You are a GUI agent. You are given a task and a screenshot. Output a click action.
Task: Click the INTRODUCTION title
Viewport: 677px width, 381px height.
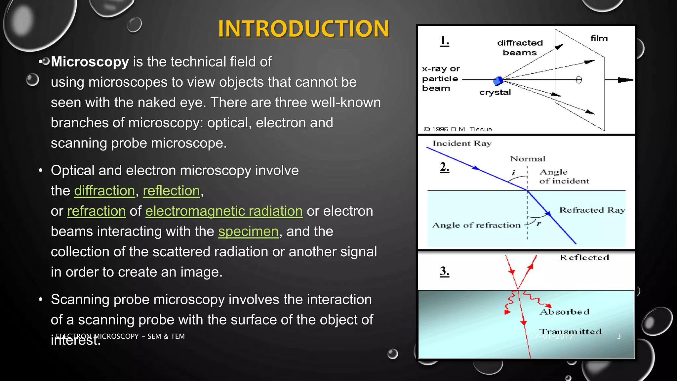[x=303, y=28]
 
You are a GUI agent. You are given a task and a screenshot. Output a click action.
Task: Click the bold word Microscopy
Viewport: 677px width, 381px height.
[x=90, y=62]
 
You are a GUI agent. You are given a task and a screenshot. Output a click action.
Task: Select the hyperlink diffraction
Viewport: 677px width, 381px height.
[x=104, y=191]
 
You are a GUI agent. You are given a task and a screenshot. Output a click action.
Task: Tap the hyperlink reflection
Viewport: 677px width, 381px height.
[x=171, y=191]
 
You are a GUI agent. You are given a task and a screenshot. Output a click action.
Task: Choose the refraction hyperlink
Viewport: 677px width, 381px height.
[x=97, y=211]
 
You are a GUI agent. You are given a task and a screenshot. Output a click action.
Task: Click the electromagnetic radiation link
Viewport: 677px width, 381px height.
[x=224, y=211]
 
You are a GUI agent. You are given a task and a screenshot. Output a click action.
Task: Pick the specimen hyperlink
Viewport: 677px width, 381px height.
[x=248, y=232]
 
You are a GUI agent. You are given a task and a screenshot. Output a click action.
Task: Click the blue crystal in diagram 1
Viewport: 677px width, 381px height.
[x=498, y=80]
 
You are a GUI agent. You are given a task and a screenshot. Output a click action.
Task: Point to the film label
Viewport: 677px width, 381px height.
[x=599, y=38]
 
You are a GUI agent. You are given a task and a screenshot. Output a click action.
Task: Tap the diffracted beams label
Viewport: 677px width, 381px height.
[x=520, y=48]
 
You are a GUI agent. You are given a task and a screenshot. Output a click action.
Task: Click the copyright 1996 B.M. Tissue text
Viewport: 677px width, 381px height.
[x=458, y=129]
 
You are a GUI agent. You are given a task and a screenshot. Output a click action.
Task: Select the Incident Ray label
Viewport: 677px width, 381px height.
[x=462, y=143]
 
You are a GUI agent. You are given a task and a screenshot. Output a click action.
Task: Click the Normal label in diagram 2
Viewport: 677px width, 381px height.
[x=527, y=159]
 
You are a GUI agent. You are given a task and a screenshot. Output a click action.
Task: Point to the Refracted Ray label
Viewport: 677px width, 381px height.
[x=592, y=210]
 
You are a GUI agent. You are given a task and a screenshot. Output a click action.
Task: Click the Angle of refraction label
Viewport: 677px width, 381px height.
[x=476, y=225]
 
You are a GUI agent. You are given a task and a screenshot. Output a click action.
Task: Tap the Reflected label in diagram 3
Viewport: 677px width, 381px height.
[x=584, y=258]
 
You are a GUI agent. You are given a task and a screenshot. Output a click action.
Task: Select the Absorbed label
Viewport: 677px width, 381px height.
[x=564, y=312]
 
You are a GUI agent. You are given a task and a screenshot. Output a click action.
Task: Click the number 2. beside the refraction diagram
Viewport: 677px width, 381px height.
[x=444, y=167]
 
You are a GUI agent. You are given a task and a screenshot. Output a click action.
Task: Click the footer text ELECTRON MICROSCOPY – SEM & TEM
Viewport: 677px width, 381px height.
[x=120, y=336]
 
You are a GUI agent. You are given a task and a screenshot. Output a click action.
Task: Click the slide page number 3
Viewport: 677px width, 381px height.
[x=618, y=336]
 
